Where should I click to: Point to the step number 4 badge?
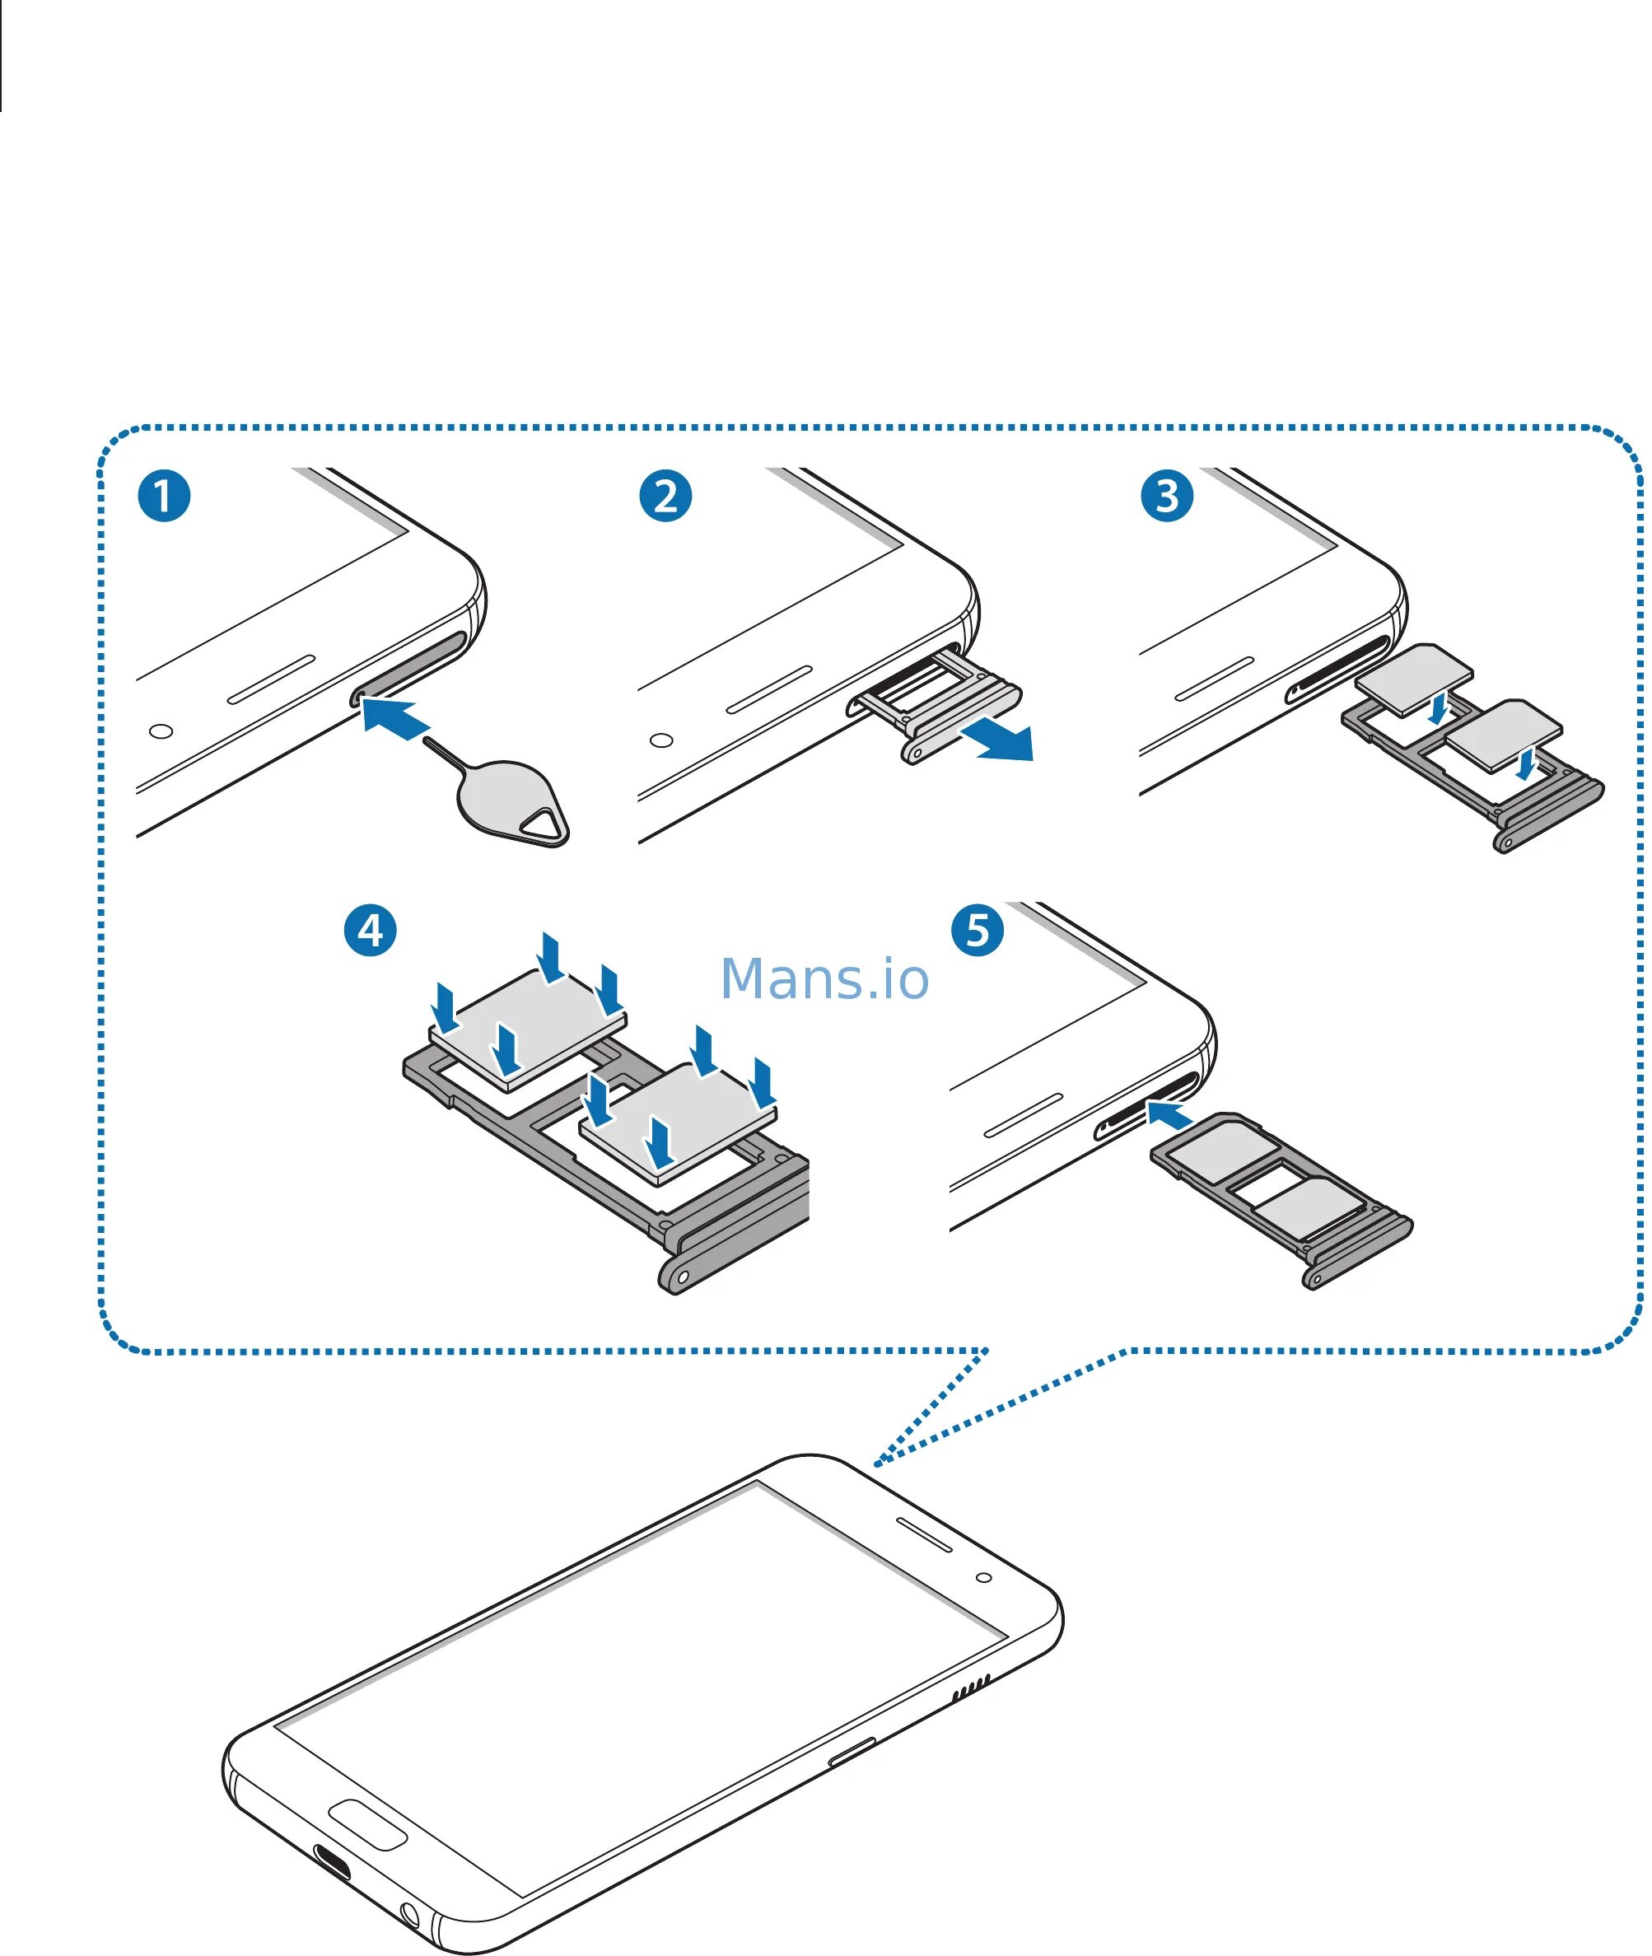point(370,930)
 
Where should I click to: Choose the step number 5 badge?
point(977,930)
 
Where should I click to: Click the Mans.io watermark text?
point(824,978)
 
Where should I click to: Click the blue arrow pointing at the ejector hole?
point(395,718)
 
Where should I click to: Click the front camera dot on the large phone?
point(983,1578)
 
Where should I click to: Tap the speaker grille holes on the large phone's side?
point(970,1689)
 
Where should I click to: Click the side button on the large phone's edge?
point(852,1751)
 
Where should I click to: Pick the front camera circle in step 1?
point(161,731)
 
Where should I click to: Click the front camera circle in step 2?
point(661,740)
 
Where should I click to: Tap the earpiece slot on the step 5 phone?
point(1023,1114)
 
